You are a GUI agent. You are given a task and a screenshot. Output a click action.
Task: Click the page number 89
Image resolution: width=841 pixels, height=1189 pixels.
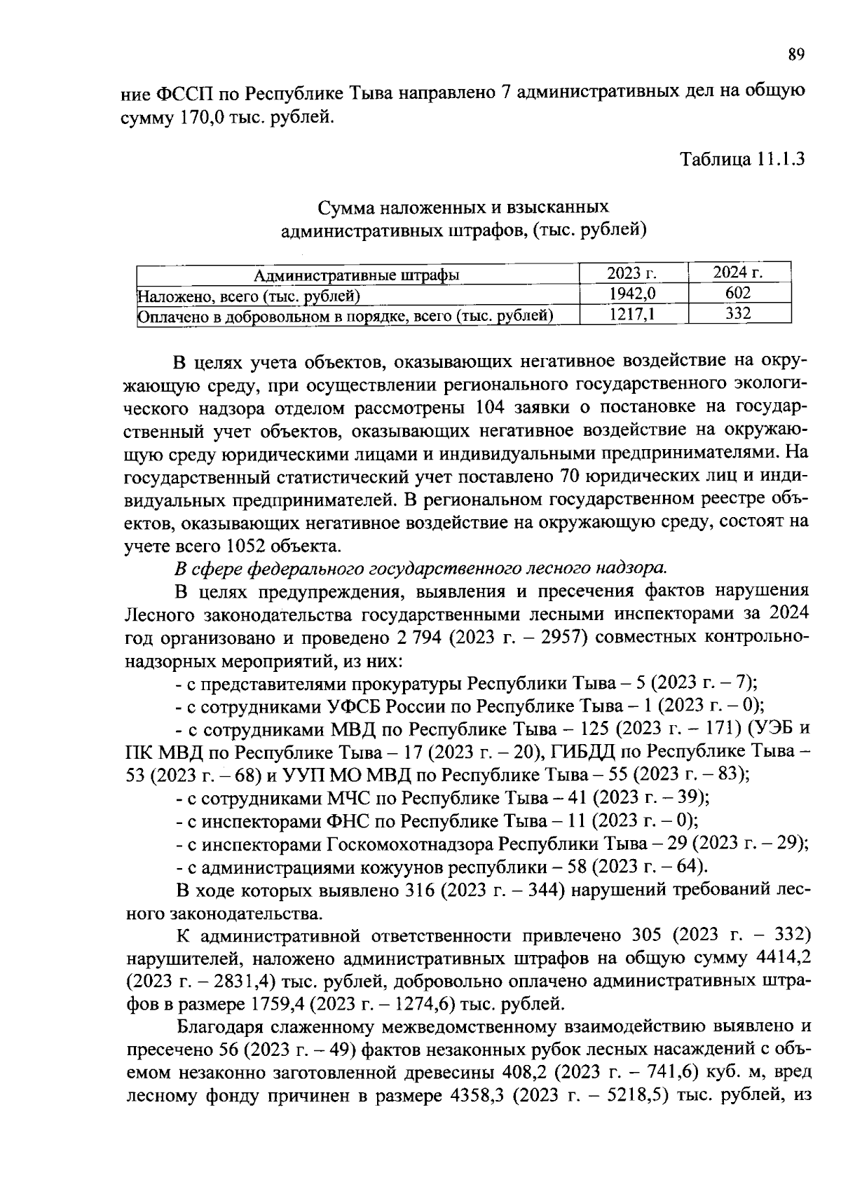(795, 54)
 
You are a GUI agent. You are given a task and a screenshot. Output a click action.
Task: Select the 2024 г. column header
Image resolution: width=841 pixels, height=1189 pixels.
(739, 273)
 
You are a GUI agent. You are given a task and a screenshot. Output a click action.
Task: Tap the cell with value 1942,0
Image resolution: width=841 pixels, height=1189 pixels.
(634, 294)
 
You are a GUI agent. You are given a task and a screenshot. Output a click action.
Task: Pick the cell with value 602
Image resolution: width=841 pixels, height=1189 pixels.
(739, 294)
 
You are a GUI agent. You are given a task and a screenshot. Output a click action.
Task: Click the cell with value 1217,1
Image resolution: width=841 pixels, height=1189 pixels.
(634, 315)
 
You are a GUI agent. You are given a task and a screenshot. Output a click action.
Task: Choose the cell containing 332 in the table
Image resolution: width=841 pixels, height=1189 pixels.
(739, 315)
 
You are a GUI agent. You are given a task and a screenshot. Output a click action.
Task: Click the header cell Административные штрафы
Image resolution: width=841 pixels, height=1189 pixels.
(357, 275)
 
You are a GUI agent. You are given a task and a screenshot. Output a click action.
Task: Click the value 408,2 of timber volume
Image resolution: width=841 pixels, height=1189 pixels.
(526, 1072)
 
